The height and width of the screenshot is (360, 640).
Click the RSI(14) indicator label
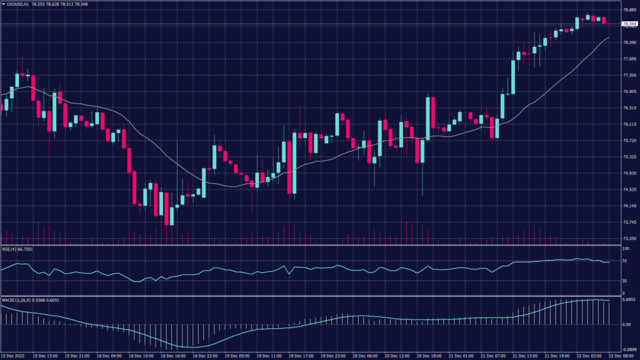[17, 249]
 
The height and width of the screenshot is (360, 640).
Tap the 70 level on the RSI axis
[624, 261]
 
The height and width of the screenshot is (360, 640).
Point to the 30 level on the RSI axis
[624, 280]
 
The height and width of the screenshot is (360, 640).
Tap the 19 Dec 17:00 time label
[301, 356]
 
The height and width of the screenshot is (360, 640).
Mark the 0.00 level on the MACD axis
[626, 325]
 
